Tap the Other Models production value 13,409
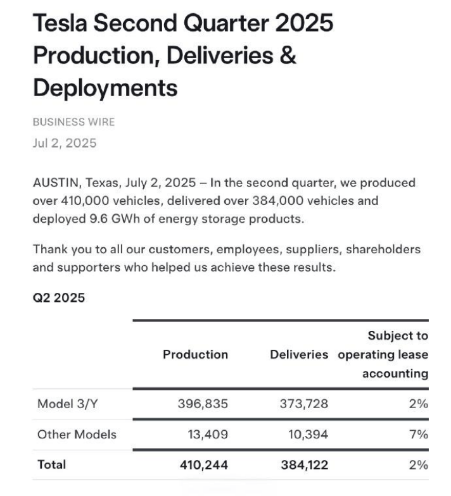coord(206,435)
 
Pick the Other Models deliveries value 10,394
coord(307,435)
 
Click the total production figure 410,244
coord(202,464)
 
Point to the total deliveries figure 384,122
coord(303,464)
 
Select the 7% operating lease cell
coord(419,435)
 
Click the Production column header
coord(196,355)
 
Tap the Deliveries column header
coord(299,355)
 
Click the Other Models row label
coord(77,435)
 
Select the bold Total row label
coord(52,464)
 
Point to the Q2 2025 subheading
coord(59,298)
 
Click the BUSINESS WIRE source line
coord(73,121)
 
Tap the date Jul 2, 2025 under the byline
coord(65,143)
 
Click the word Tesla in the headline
coord(63,24)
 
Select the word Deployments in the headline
coord(105,87)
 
